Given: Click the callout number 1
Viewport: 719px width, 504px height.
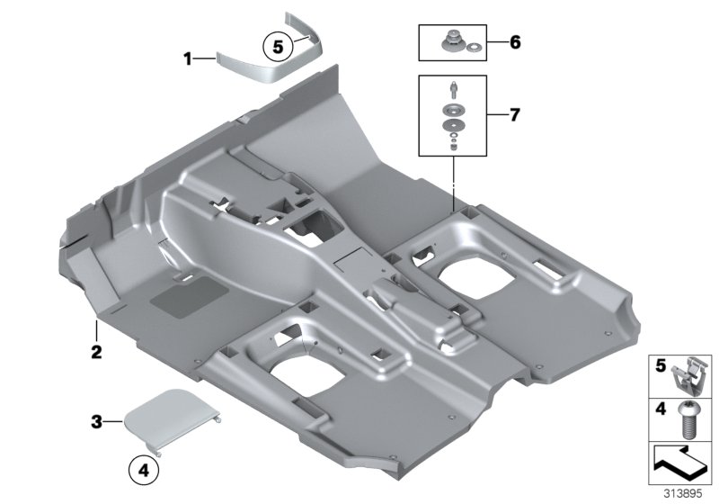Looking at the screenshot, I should (188, 59).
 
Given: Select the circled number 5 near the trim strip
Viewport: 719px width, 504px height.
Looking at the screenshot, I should (279, 44).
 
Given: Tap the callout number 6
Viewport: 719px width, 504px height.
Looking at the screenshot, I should (515, 42).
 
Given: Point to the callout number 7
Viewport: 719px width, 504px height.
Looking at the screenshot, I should (515, 115).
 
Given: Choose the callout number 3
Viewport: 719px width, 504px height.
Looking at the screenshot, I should (96, 420).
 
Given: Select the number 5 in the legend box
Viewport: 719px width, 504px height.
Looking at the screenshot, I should (660, 366).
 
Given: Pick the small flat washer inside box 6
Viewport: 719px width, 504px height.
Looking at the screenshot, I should (475, 47).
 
